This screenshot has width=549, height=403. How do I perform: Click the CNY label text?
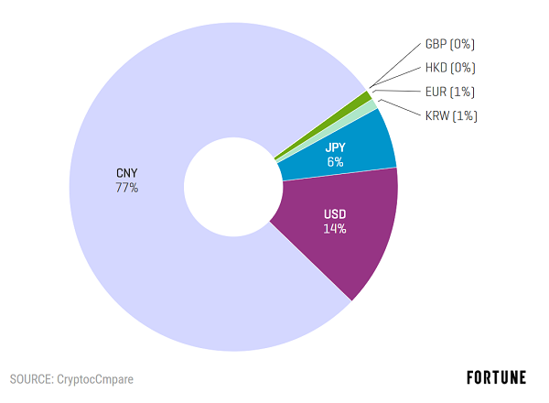(x=127, y=173)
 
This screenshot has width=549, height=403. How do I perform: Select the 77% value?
(x=127, y=189)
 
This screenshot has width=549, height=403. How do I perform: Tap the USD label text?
(x=335, y=214)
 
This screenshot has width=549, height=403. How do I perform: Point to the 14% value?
(x=335, y=229)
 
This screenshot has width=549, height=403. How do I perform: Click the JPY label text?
(x=335, y=146)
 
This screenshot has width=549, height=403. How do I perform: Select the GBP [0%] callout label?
(x=449, y=44)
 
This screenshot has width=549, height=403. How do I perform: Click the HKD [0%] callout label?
(x=449, y=68)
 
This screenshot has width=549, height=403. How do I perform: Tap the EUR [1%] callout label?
(x=449, y=92)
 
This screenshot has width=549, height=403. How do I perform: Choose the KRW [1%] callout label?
(x=450, y=115)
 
